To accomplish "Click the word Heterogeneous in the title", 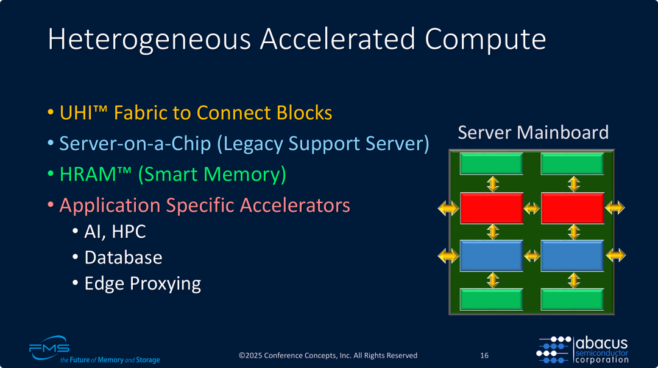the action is click(x=149, y=40).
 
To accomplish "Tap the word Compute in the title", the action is click(x=485, y=40).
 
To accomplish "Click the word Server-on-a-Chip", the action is click(x=135, y=144).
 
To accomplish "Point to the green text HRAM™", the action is click(x=95, y=174).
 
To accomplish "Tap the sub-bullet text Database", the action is click(x=123, y=257).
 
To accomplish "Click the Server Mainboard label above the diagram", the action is click(x=533, y=133).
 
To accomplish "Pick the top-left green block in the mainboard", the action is click(x=492, y=164).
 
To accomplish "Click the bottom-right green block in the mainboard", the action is click(x=572, y=299).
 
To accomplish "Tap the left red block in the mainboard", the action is click(x=492, y=208).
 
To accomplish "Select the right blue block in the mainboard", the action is click(x=572, y=255).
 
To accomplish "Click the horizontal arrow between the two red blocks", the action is click(x=532, y=208).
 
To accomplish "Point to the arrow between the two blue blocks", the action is click(x=532, y=255).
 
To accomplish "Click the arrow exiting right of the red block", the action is click(x=615, y=207).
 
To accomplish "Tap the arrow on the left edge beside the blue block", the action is click(x=448, y=255).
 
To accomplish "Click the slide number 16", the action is click(x=484, y=355).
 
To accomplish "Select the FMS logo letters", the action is click(x=49, y=349).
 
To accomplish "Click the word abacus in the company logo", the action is click(x=602, y=343).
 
